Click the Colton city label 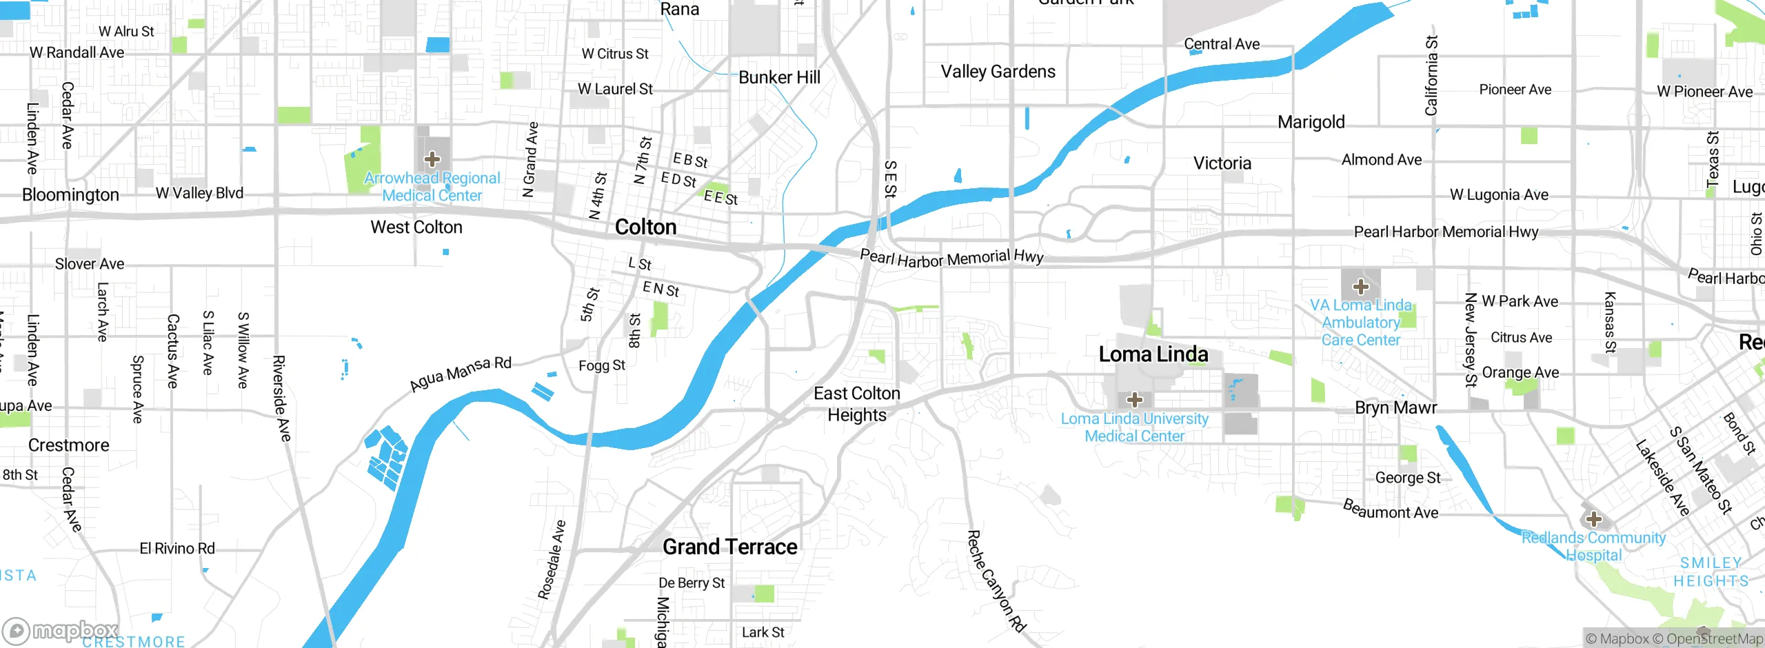pos(645,227)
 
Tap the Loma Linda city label pos(1153,354)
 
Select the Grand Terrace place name pos(729,547)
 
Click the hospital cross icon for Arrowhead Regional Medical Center pos(432,160)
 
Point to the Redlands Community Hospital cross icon pos(1593,518)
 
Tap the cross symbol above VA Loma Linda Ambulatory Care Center pos(1360,286)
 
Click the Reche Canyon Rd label pos(996,580)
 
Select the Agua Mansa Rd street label pos(461,373)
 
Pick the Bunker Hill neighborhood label pos(779,77)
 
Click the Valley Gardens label pos(998,72)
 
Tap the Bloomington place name pos(70,195)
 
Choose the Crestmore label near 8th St pos(68,445)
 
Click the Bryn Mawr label pos(1395,407)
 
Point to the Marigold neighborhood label pos(1311,122)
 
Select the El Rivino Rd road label pos(177,549)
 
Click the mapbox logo pos(61,630)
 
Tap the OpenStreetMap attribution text pos(1714,639)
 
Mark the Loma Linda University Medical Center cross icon pos(1134,399)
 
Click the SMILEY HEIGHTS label pos(1711,572)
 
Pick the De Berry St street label pos(691,583)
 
